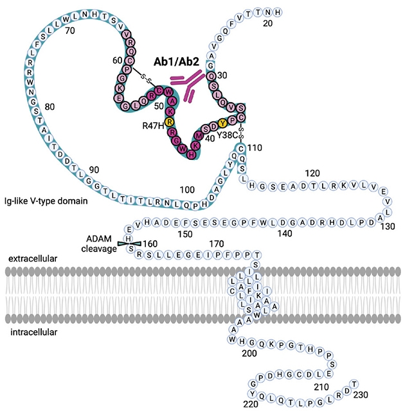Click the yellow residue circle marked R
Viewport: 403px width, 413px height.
(169, 121)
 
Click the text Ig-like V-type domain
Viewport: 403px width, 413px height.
(45, 201)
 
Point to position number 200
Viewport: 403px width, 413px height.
(244, 353)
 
